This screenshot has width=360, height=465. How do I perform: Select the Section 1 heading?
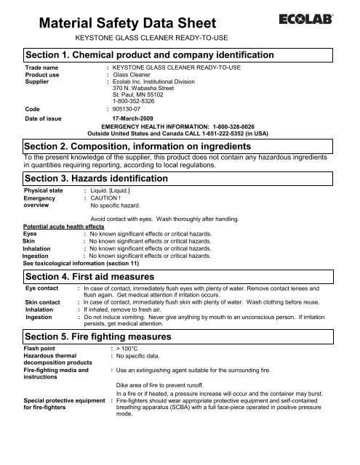(x=149, y=56)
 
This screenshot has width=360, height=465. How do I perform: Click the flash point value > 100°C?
(x=129, y=355)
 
